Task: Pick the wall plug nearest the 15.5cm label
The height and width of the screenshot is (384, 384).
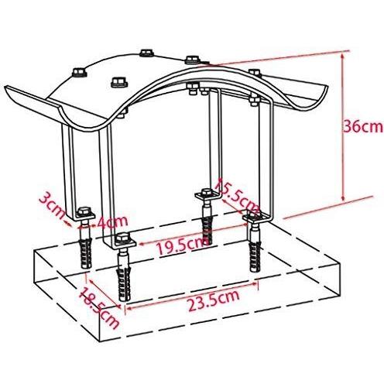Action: tap(207, 225)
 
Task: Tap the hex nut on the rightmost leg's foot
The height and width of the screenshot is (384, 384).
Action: tap(256, 218)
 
